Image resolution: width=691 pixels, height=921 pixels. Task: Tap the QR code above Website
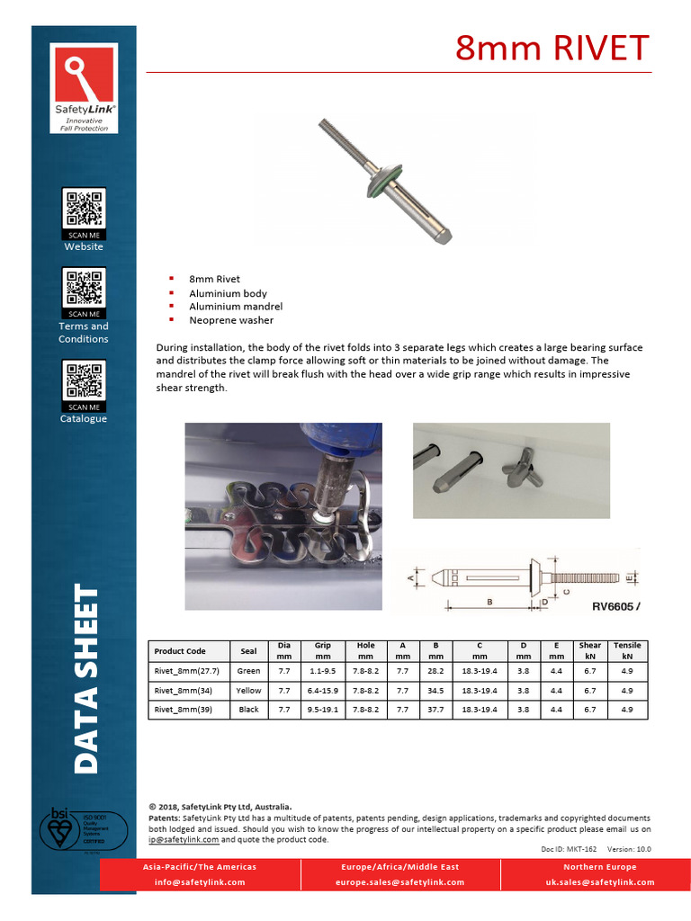coord(84,208)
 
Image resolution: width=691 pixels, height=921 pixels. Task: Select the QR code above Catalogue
coord(84,380)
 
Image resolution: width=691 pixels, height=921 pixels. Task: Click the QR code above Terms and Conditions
coord(84,288)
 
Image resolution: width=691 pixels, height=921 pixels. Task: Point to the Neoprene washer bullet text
coord(231,320)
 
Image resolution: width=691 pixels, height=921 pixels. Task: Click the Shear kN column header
coord(590,650)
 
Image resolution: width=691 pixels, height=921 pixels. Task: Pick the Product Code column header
coord(180,651)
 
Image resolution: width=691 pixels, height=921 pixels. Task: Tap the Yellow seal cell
coord(248,691)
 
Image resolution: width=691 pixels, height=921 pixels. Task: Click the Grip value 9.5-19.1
coord(322,710)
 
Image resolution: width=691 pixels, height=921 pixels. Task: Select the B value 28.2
coord(435,671)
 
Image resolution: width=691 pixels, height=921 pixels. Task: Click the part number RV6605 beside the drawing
coord(615,606)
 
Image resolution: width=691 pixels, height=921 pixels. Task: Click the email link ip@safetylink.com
coord(184,839)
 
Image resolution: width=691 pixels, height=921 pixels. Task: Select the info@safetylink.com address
coord(200,882)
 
